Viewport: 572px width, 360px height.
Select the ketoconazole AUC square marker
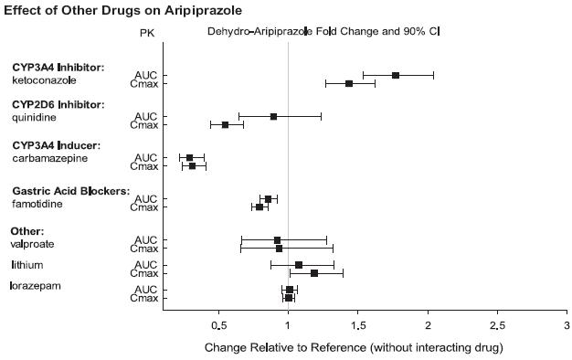(x=396, y=75)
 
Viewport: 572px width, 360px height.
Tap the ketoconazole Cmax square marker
(x=349, y=83)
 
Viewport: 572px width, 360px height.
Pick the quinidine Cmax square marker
(x=226, y=124)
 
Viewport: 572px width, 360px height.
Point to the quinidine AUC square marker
(x=273, y=116)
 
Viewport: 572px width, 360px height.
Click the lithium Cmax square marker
(x=314, y=273)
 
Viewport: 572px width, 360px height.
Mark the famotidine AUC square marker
(x=268, y=198)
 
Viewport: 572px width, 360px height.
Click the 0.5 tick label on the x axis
(x=219, y=325)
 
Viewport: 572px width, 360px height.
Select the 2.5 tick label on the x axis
(x=497, y=325)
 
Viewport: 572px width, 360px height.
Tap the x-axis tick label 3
(x=567, y=325)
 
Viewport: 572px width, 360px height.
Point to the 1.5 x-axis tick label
(x=358, y=325)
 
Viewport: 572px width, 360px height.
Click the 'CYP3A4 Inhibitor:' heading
(x=58, y=68)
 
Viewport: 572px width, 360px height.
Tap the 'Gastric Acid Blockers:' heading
(x=71, y=191)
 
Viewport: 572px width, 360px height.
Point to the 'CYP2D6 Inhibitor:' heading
(x=58, y=105)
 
